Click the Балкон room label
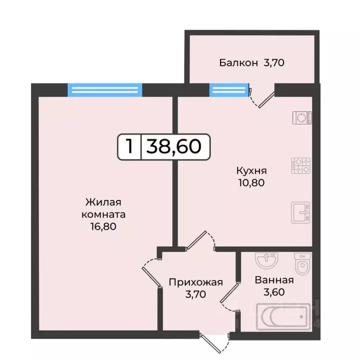(238, 63)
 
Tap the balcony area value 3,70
(275, 63)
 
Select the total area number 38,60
(173, 146)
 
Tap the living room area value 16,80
(104, 226)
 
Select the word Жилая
(104, 202)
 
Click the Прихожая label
(195, 282)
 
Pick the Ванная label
(274, 280)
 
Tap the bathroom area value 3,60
(274, 292)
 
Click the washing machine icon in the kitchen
(302, 117)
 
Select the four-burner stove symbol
(301, 165)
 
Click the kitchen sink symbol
(301, 212)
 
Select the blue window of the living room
(105, 90)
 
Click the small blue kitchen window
(229, 90)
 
